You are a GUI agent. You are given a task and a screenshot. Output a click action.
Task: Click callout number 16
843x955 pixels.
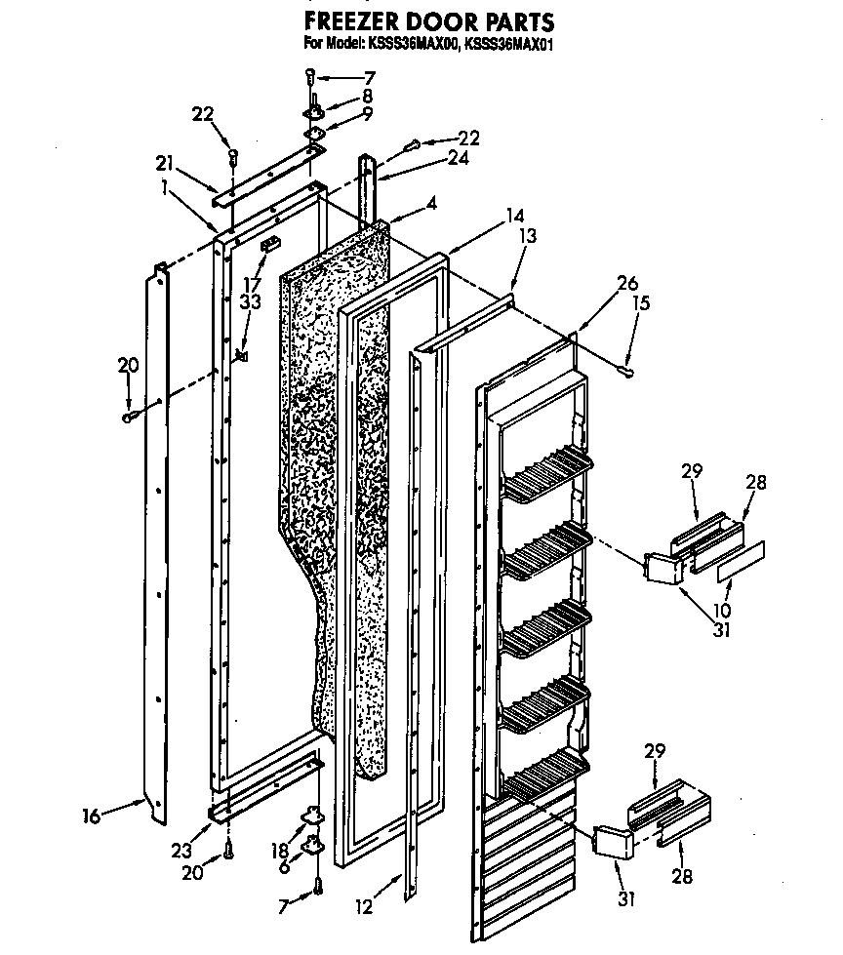(x=92, y=816)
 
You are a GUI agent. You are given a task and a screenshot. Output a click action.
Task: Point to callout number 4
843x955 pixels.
(x=430, y=206)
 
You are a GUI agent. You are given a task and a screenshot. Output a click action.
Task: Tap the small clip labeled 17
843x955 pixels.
(x=269, y=239)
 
